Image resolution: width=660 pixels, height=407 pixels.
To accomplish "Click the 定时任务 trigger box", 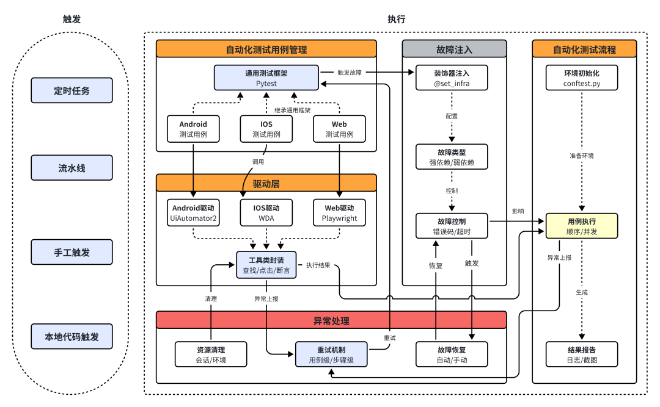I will pyautogui.click(x=72, y=90).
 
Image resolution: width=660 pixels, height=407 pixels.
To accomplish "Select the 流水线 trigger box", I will pyautogui.click(x=72, y=168).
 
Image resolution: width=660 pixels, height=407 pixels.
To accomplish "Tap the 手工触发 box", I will pyautogui.click(x=72, y=252).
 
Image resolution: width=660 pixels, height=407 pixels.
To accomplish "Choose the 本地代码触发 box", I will pyautogui.click(x=72, y=336).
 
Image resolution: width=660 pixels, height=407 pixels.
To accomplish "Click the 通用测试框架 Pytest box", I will pyautogui.click(x=266, y=77).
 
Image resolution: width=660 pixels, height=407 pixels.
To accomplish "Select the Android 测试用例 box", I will pyautogui.click(x=193, y=129).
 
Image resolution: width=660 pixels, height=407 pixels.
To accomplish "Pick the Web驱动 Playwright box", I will pyautogui.click(x=339, y=213).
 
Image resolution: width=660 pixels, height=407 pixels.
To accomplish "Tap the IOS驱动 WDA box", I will pyautogui.click(x=266, y=213).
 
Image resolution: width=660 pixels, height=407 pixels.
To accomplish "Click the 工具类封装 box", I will pyautogui.click(x=266, y=265).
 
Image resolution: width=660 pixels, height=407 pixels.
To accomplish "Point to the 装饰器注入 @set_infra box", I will pyautogui.click(x=452, y=77).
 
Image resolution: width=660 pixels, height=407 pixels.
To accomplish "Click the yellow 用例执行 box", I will pyautogui.click(x=582, y=226).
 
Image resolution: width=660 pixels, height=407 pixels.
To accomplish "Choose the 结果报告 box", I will pyautogui.click(x=582, y=355).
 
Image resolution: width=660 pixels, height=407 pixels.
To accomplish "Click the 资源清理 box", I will pyautogui.click(x=211, y=355).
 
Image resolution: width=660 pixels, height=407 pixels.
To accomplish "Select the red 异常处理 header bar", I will pyautogui.click(x=331, y=320).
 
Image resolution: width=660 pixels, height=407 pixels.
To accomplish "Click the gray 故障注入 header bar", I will pyautogui.click(x=454, y=49).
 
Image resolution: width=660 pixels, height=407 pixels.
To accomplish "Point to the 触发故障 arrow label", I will pyautogui.click(x=350, y=72).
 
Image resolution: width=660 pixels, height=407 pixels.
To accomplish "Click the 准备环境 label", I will pyautogui.click(x=582, y=156).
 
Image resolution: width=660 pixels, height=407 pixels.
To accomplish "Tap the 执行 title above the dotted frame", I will pyautogui.click(x=396, y=19).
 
